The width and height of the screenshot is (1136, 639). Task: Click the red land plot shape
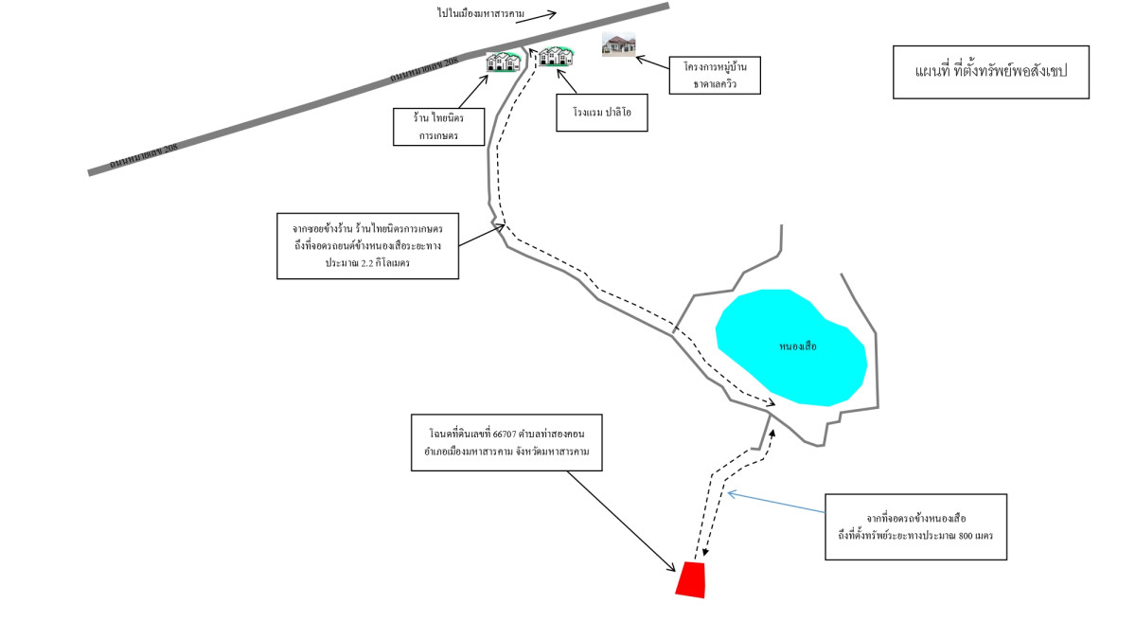click(x=691, y=579)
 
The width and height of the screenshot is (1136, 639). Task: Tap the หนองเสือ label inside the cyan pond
click(x=797, y=346)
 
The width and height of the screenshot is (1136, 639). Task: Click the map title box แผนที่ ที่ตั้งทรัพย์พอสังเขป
click(x=990, y=72)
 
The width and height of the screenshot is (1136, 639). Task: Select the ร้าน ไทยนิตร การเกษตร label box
click(x=439, y=126)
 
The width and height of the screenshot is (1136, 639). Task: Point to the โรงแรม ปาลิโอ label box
click(x=602, y=112)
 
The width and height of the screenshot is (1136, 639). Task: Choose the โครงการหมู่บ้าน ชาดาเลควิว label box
click(x=715, y=75)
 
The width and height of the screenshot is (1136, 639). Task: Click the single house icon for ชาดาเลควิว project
click(x=618, y=44)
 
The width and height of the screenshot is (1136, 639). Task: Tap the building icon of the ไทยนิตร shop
click(x=504, y=62)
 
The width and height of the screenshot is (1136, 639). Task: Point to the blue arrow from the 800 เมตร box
click(x=776, y=503)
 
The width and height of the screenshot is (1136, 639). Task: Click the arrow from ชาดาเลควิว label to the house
click(x=653, y=62)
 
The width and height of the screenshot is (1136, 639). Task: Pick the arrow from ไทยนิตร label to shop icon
click(x=470, y=91)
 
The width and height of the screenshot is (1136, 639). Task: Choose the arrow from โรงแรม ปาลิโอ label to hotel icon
click(x=567, y=81)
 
